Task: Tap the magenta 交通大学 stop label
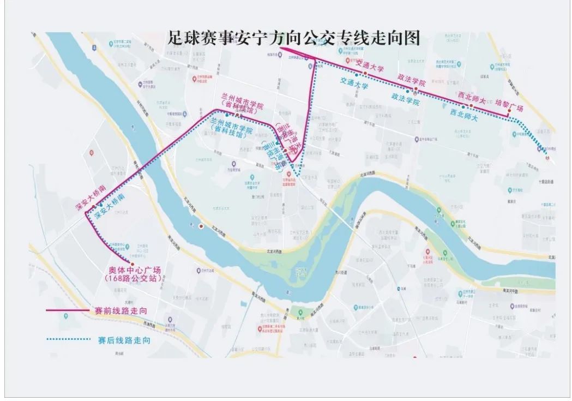pos(370,65)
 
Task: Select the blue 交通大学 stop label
pos(354,82)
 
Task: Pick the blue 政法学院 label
pos(405,99)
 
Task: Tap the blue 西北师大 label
pos(463,115)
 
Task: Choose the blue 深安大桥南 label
pos(111,206)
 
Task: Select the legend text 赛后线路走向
pos(124,340)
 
